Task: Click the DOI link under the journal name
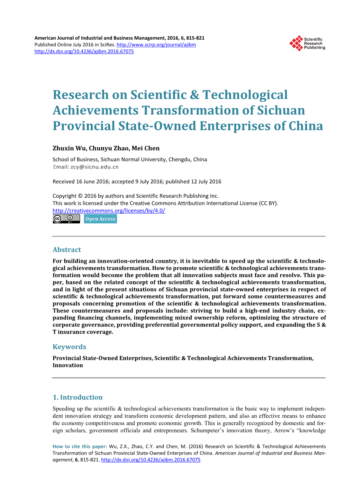pyautogui.click(x=84, y=51)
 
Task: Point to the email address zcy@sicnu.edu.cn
pyautogui.click(x=94, y=167)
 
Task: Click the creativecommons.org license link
pyautogui.click(x=108, y=211)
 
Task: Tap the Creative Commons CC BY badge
pyautogui.click(x=66, y=219)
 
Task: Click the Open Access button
pyautogui.click(x=100, y=219)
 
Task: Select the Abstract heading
pyautogui.click(x=67, y=249)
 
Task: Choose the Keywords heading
pyautogui.click(x=69, y=347)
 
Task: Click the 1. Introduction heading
pyautogui.click(x=78, y=397)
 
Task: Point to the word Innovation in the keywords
pyautogui.click(x=68, y=365)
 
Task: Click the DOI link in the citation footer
pyautogui.click(x=150, y=460)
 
